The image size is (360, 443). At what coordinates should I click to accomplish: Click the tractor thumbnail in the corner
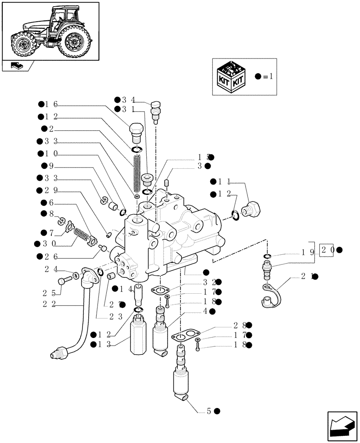pyautogui.click(x=50, y=31)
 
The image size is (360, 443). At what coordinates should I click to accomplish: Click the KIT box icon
pyautogui.click(x=231, y=77)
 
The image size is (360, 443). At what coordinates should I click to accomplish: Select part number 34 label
pyautogui.click(x=128, y=99)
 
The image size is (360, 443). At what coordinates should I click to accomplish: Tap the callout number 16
pyautogui.click(x=51, y=105)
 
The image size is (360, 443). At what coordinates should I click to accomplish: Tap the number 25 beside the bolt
pyautogui.click(x=51, y=292)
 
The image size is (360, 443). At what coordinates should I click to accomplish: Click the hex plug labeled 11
pyautogui.click(x=251, y=208)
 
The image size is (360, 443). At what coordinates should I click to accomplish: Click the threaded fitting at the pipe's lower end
pyautogui.click(x=59, y=352)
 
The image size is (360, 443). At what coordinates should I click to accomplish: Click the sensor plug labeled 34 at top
pyautogui.click(x=156, y=109)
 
